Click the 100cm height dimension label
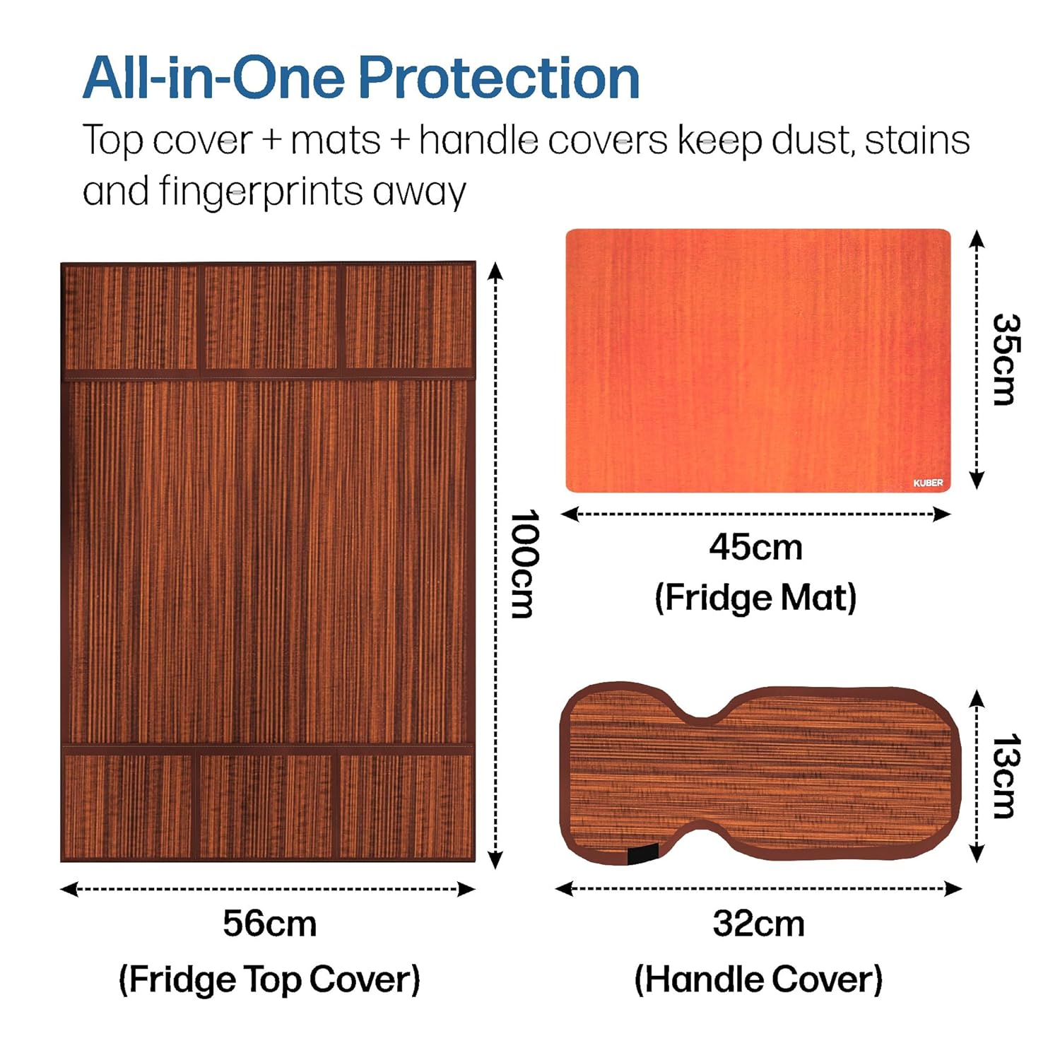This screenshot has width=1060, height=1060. pyautogui.click(x=524, y=564)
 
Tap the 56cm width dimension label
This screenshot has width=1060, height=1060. pyautogui.click(x=269, y=924)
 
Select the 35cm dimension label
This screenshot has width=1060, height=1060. pyautogui.click(x=1004, y=360)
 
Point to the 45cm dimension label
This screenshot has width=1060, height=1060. pyautogui.click(x=755, y=548)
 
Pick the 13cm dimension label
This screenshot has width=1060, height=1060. pyautogui.click(x=1004, y=776)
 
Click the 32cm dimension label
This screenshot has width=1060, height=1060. pyautogui.click(x=758, y=924)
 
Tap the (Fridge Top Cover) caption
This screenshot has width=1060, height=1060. pyautogui.click(x=269, y=979)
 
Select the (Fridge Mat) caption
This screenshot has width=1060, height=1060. pyautogui.click(x=755, y=598)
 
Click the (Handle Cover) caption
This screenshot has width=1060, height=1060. pyautogui.click(x=758, y=979)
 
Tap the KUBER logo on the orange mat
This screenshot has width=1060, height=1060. pyautogui.click(x=928, y=483)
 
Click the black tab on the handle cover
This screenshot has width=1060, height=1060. pyautogui.click(x=642, y=854)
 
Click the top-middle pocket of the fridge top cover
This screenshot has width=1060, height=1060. pyautogui.click(x=271, y=317)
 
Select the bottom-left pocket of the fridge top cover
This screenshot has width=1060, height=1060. pyautogui.click(x=128, y=806)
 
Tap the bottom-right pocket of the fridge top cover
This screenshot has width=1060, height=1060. pyautogui.click(x=406, y=806)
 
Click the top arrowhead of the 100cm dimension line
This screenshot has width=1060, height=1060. pyautogui.click(x=495, y=271)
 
